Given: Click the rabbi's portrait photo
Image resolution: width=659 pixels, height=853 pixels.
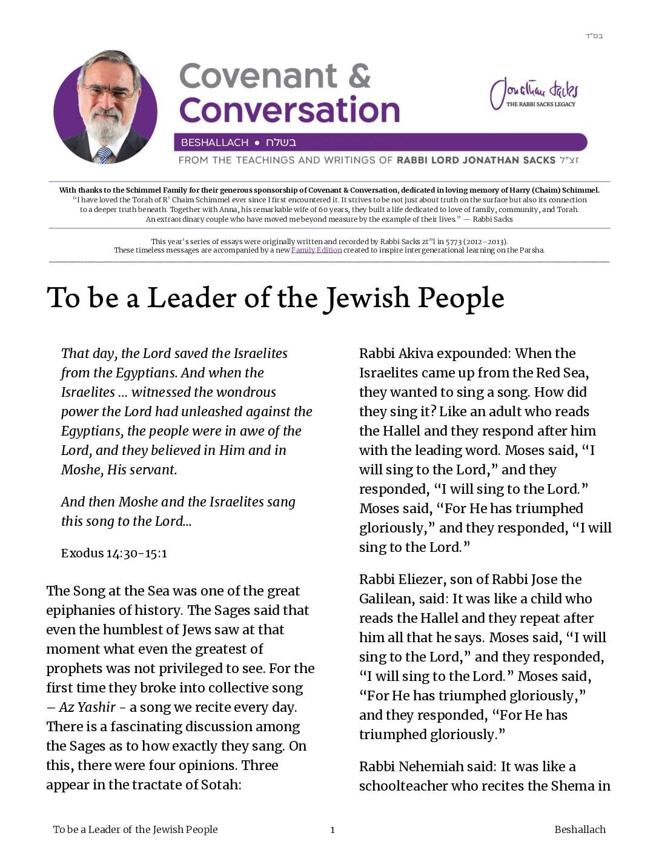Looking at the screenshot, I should tap(105, 107).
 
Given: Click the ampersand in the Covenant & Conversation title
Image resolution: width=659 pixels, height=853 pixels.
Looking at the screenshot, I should tap(360, 76).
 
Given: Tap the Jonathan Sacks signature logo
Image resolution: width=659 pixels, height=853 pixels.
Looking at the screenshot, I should tap(534, 94).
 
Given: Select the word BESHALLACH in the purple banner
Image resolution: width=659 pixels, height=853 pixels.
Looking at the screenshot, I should tap(214, 142).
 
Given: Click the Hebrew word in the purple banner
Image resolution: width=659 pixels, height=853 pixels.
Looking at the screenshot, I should tap(281, 142).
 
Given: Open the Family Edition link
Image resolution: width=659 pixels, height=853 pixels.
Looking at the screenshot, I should tap(316, 250).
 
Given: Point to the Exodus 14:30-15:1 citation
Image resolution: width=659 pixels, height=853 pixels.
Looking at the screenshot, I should tap(114, 553).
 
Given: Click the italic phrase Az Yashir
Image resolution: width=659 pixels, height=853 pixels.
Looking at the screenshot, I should tap(87, 707).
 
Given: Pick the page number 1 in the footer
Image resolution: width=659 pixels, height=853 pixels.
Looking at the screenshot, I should tap(332, 830).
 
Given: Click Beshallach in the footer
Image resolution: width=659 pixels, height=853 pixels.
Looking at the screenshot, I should tap(580, 829).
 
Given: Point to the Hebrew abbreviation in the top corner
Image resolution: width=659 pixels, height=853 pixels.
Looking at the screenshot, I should tap(594, 36).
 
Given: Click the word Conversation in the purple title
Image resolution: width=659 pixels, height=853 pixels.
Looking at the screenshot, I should tap(290, 110).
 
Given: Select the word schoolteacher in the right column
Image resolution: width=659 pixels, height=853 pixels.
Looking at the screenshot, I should tap(411, 786).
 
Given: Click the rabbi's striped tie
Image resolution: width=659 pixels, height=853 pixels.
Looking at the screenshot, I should tap(104, 155).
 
